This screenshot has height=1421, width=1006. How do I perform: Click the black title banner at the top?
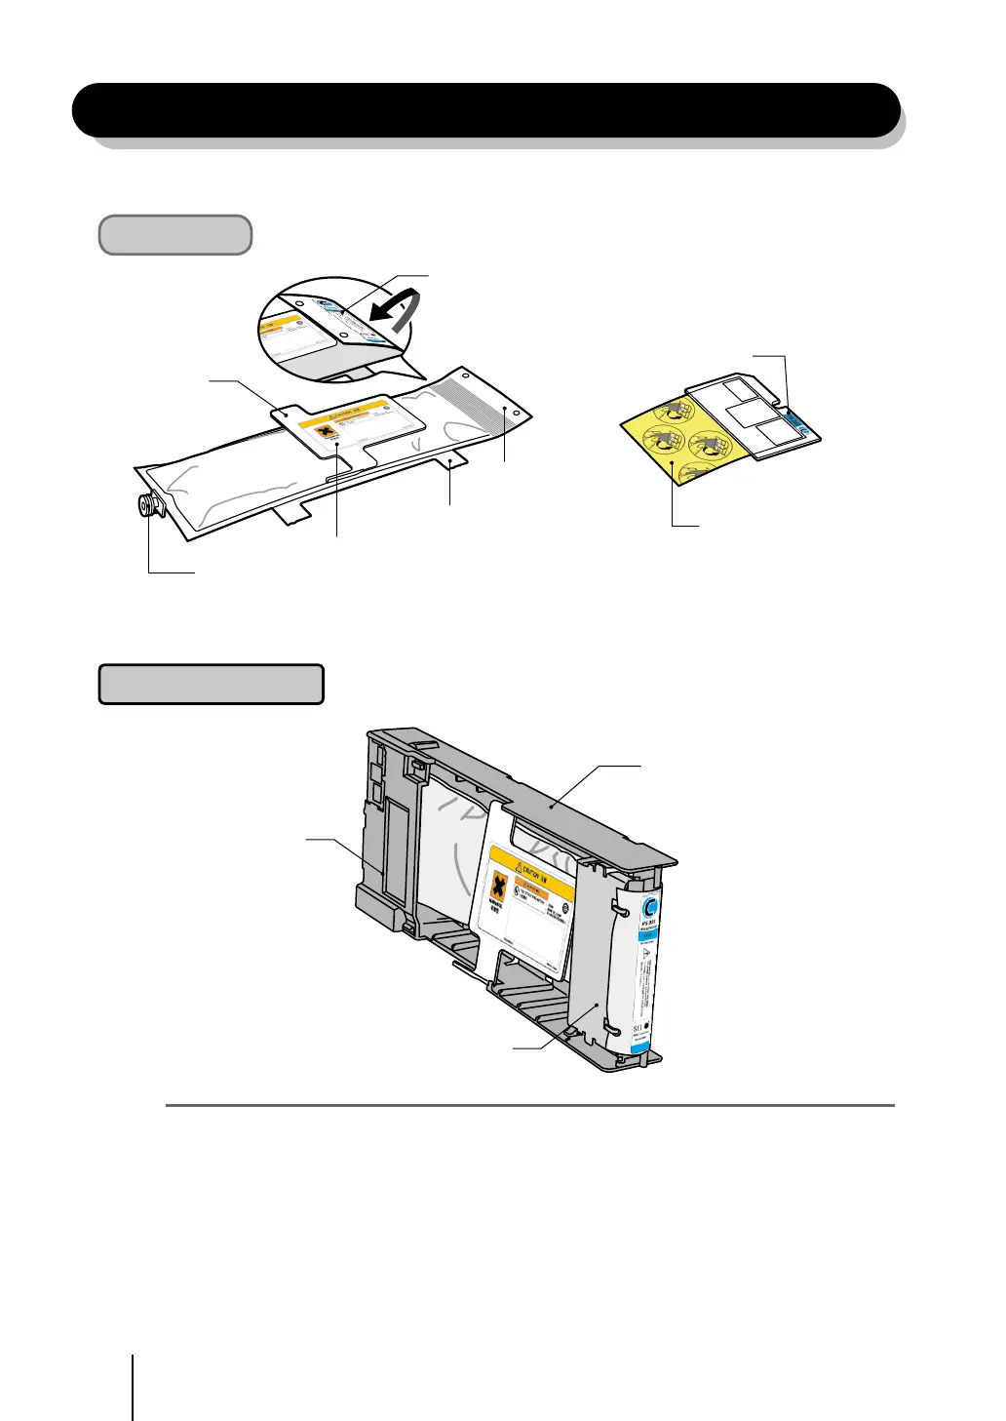click(485, 109)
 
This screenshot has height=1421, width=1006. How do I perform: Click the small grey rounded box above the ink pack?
click(175, 235)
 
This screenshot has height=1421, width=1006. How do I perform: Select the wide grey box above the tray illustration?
click(211, 684)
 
